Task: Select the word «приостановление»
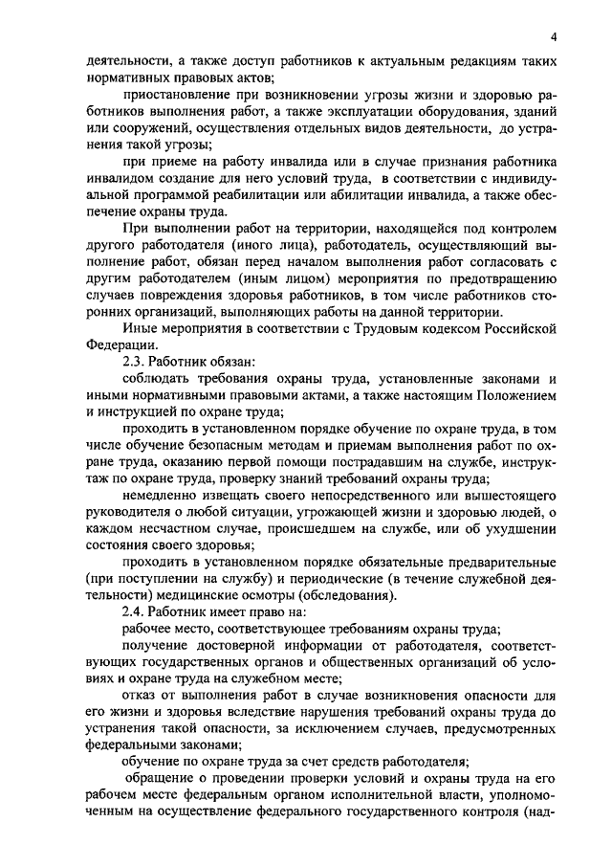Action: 174,97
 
